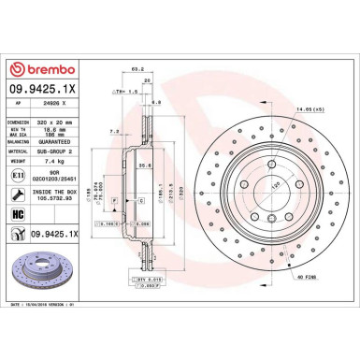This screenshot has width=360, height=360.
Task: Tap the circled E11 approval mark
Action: [19, 175]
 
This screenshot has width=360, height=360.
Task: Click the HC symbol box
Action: [19, 213]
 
